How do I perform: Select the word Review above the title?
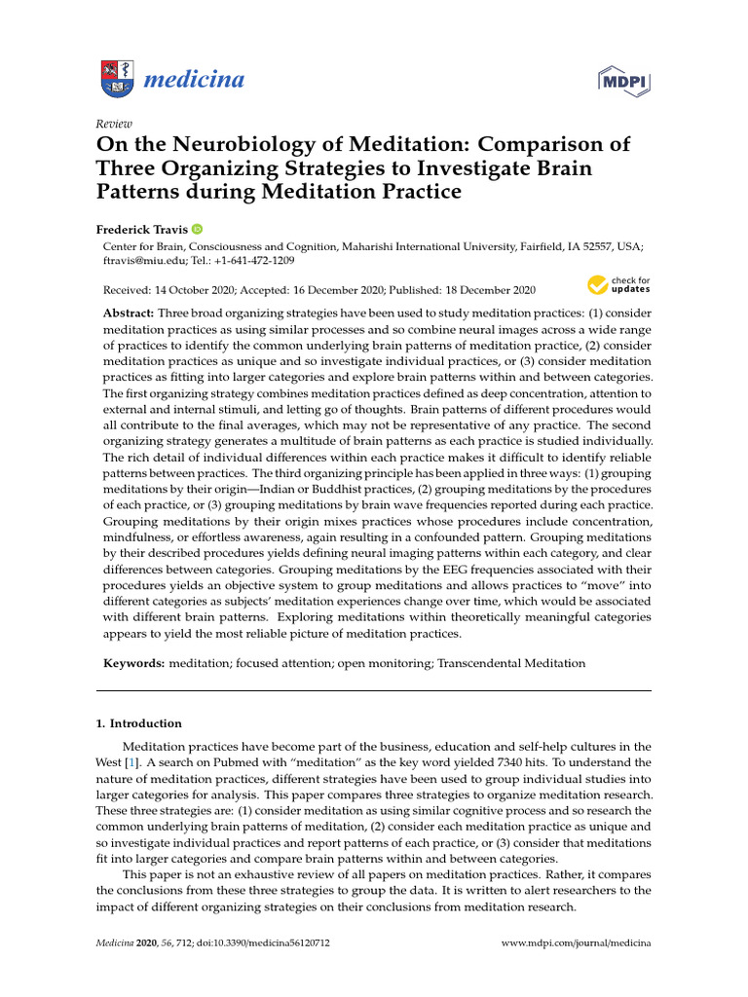coord(114,124)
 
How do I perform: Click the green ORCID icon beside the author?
coord(197,229)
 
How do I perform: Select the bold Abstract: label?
coord(129,314)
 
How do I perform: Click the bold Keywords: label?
coord(133,663)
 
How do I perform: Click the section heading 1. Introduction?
coord(139,723)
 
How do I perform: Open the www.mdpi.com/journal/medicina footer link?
coord(575,943)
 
